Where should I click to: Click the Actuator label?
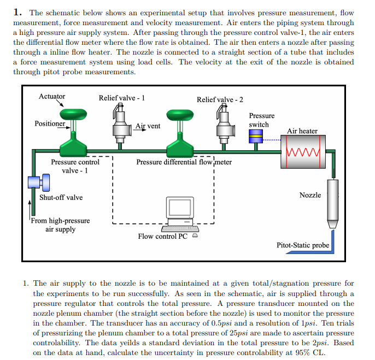coord(52,96)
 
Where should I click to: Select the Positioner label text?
coord(49,123)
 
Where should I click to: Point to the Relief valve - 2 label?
coord(220,99)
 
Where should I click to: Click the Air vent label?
coord(148,126)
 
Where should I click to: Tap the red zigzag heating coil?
coord(302,149)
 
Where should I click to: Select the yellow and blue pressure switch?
coord(255,138)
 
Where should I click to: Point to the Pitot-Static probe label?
coord(303,245)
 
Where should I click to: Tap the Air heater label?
coord(302,131)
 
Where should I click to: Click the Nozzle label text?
coord(310,195)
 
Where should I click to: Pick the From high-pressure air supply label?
coord(60,225)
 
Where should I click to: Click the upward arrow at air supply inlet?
coord(31,206)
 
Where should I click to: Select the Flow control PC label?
coord(162,237)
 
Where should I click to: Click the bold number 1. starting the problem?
coord(17,12)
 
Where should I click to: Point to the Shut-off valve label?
coord(61,197)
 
